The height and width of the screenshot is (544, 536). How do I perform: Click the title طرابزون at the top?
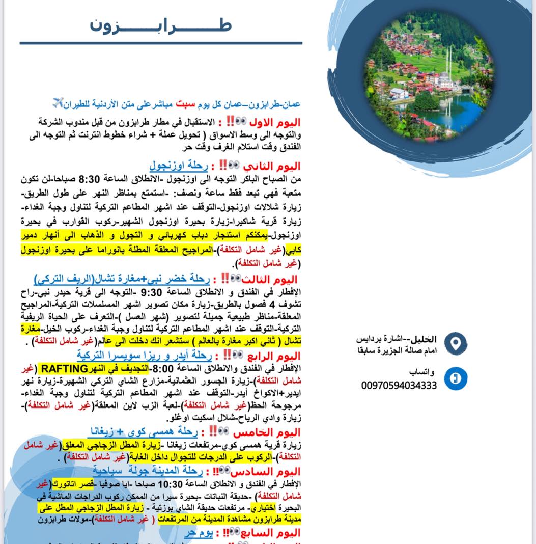[161, 25]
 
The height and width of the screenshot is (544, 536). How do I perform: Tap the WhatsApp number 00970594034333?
[399, 386]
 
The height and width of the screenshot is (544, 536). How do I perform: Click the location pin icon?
[456, 342]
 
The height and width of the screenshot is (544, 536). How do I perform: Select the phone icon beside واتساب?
[456, 378]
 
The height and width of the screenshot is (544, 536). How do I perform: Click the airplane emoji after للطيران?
[59, 103]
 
